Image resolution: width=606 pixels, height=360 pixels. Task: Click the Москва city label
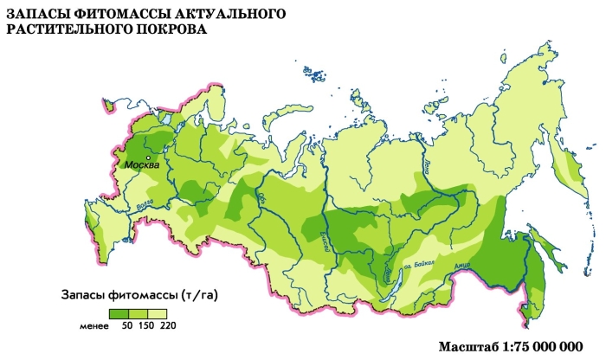[x=141, y=164]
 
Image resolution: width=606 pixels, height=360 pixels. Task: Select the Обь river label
[x=262, y=206]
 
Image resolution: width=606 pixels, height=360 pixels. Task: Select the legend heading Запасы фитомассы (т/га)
[x=139, y=295]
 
